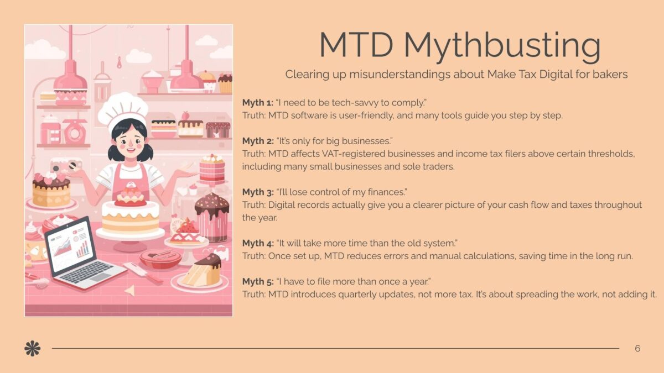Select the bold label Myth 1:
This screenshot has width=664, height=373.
coord(258,103)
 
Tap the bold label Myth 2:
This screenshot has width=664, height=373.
coord(258,141)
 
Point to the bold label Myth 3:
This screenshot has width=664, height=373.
coord(258,192)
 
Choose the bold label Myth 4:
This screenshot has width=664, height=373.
coord(258,243)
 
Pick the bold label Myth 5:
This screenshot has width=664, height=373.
coord(258,281)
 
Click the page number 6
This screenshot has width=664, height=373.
coord(637,349)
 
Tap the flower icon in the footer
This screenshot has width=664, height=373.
coord(32,349)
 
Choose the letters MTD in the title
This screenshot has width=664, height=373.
coord(356,44)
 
